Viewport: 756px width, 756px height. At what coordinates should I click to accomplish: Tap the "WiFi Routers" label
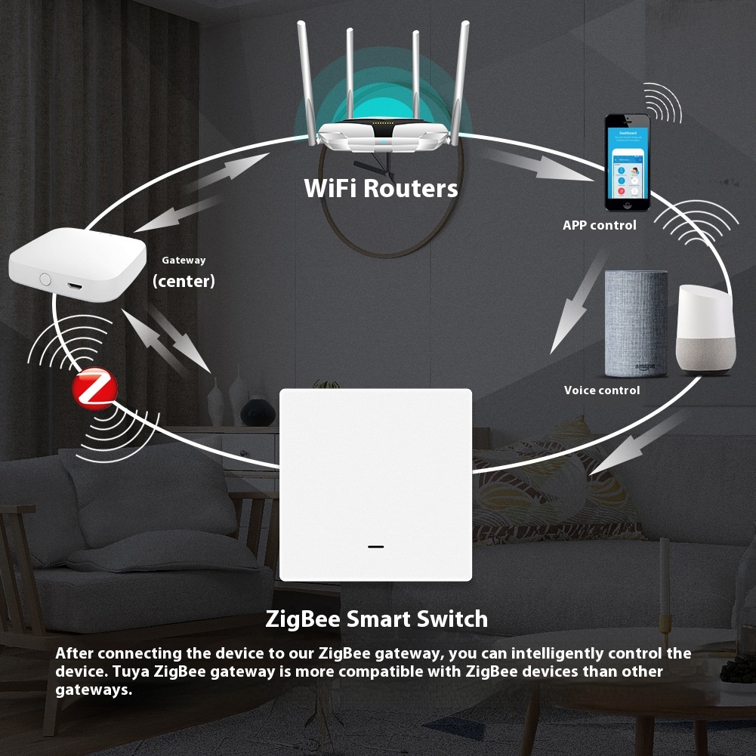click(381, 188)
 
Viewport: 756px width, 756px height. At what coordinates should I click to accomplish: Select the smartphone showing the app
click(627, 163)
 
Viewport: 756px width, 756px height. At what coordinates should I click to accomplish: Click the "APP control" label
click(600, 225)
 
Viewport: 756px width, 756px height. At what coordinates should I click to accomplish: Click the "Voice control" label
click(602, 390)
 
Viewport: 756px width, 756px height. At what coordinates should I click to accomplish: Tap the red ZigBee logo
click(94, 388)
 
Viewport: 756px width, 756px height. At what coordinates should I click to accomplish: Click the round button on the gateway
click(45, 279)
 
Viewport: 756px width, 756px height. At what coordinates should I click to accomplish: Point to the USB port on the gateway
click(76, 288)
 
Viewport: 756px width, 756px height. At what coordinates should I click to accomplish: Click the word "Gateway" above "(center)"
click(184, 261)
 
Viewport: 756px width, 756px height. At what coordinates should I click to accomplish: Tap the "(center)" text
click(184, 282)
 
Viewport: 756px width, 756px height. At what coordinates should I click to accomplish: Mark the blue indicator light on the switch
click(375, 545)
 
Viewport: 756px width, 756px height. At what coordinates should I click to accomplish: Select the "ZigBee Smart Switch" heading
click(376, 619)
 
